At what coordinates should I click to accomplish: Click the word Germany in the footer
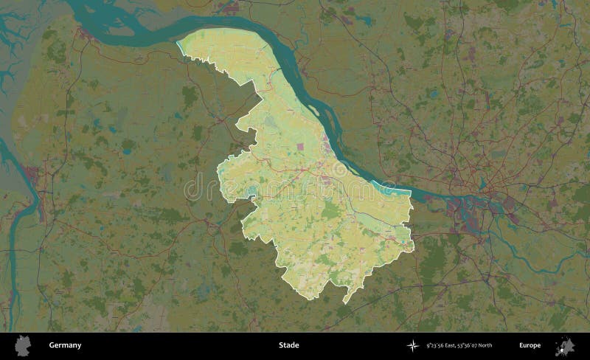[x=65, y=345]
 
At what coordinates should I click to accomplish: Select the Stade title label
[x=288, y=345]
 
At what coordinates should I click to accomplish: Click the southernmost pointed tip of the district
[x=344, y=303]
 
